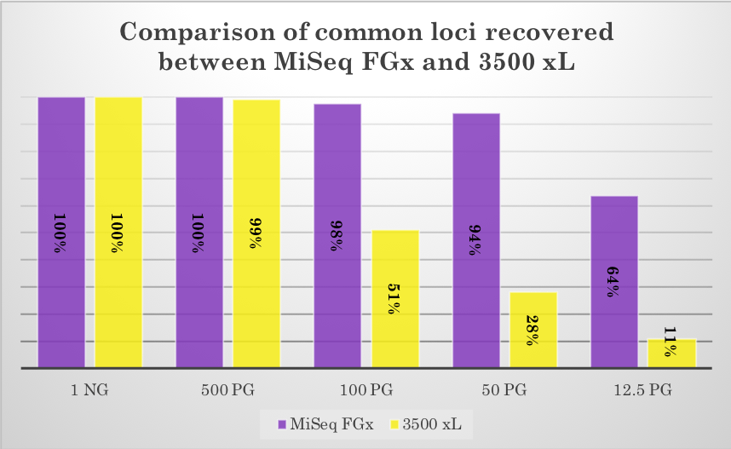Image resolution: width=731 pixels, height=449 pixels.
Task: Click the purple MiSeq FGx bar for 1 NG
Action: pyautogui.click(x=61, y=232)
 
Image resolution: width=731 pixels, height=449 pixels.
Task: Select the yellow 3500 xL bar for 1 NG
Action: pyautogui.click(x=118, y=232)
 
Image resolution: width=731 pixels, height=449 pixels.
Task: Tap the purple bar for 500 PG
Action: pyautogui.click(x=199, y=232)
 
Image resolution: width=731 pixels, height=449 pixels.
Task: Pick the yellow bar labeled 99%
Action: pyautogui.click(x=256, y=233)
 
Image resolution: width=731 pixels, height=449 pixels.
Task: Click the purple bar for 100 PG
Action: pyautogui.click(x=337, y=235)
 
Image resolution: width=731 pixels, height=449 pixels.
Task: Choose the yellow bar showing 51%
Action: pyautogui.click(x=394, y=299)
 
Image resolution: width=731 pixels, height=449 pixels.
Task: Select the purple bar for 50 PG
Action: pyautogui.click(x=475, y=240)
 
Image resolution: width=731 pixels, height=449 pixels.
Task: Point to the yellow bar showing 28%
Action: pyautogui.click(x=533, y=330)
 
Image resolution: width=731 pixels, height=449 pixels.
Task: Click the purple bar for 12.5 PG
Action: pyautogui.click(x=613, y=282)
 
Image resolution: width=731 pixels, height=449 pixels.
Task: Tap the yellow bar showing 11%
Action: pyautogui.click(x=671, y=353)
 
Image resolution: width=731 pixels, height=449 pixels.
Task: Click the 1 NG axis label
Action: pyautogui.click(x=89, y=391)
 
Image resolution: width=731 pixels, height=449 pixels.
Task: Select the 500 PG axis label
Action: pyautogui.click(x=227, y=391)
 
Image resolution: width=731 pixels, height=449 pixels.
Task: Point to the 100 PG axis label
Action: pyautogui.click(x=365, y=391)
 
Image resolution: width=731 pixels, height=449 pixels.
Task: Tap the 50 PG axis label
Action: pyautogui.click(x=504, y=391)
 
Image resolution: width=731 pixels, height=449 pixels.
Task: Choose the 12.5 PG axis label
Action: pyautogui.click(x=642, y=391)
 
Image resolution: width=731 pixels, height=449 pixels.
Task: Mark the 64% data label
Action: pyautogui.click(x=614, y=280)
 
